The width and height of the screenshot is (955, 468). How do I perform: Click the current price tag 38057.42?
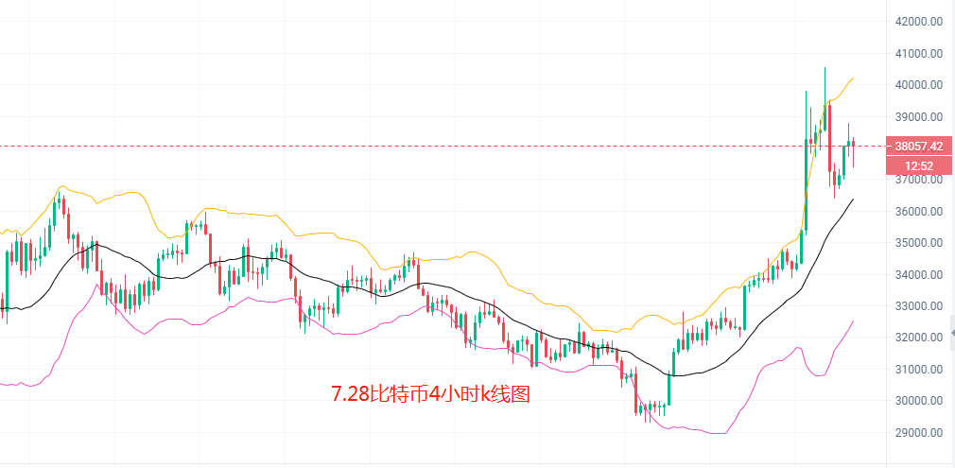pyautogui.click(x=917, y=147)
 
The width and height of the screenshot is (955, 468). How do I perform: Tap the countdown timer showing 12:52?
pyautogui.click(x=918, y=165)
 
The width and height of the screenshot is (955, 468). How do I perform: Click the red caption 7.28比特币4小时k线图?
pyautogui.click(x=430, y=394)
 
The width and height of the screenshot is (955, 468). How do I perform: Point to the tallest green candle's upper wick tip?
pyautogui.click(x=825, y=67)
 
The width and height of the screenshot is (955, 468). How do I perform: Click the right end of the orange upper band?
pyautogui.click(x=854, y=78)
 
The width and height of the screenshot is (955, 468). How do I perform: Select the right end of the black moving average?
pyautogui.click(x=854, y=199)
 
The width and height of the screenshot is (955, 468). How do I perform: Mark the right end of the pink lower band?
pyautogui.click(x=854, y=321)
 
